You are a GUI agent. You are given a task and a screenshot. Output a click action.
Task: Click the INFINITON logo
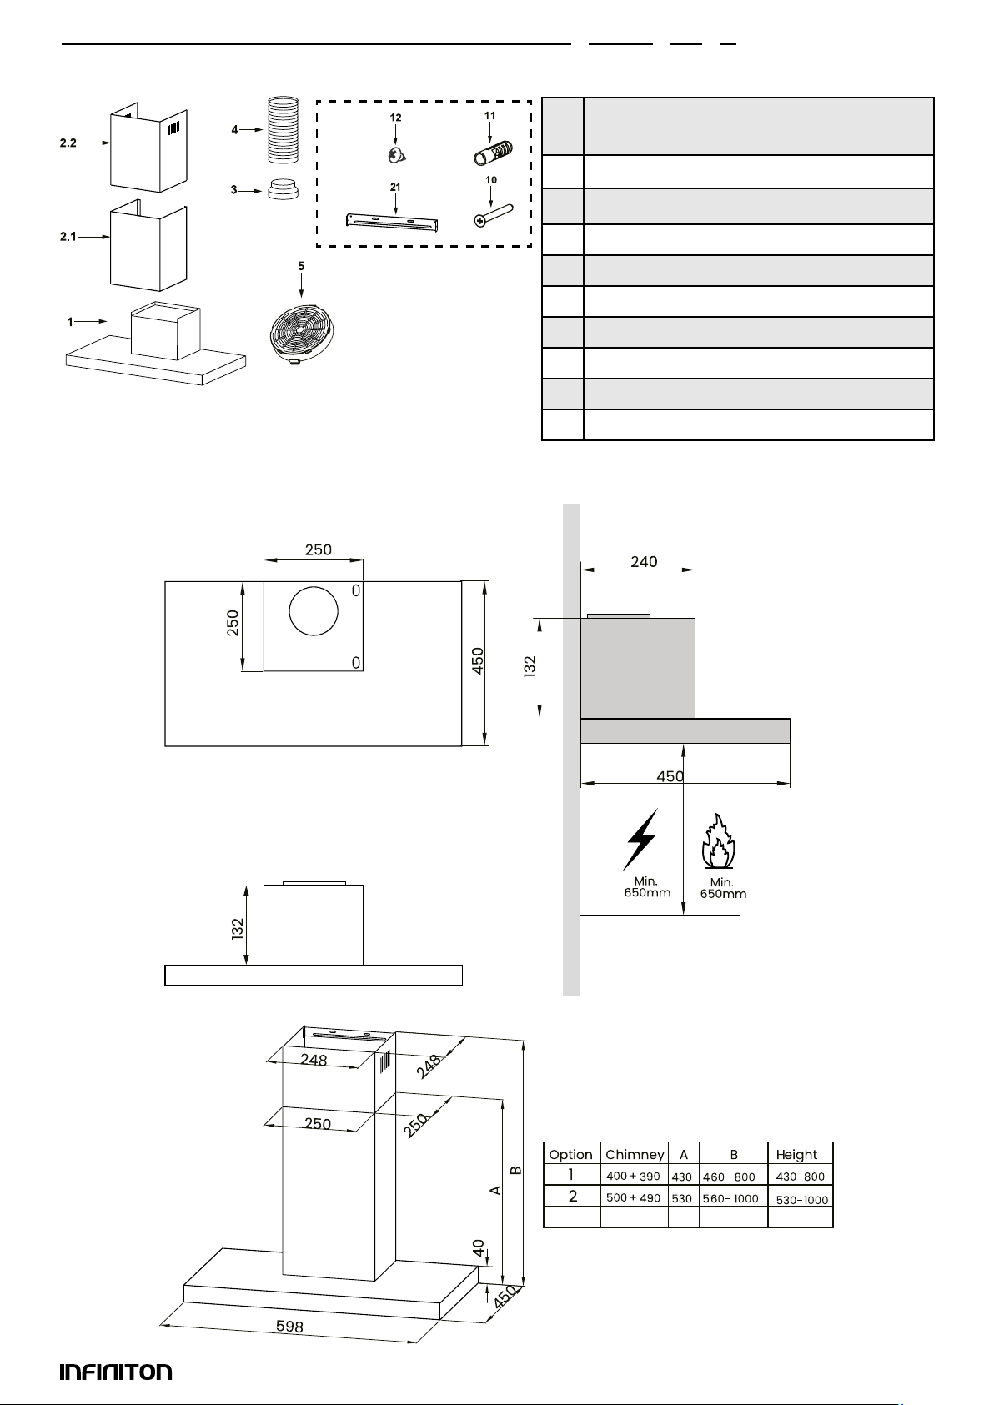pos(116,1372)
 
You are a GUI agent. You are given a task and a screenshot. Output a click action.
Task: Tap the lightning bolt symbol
pos(640,839)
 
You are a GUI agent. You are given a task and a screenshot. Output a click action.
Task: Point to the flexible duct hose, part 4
pos(281,129)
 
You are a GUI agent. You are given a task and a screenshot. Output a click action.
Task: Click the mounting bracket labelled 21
pos(394,222)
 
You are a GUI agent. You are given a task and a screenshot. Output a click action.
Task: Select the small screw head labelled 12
pos(395,154)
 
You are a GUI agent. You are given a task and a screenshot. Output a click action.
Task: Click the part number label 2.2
pos(68,143)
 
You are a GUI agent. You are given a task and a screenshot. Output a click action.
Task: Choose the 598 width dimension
pos(289,1326)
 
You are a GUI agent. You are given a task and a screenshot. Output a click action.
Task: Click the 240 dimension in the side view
pos(644,562)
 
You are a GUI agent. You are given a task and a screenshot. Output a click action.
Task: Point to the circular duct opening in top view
pos(314,615)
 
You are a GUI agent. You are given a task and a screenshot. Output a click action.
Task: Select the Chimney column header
pos(635,1155)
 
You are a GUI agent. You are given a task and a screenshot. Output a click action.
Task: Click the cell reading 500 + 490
pos(633,1198)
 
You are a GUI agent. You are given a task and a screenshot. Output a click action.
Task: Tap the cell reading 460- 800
pos(729,1177)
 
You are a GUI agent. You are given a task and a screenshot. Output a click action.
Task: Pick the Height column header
pos(796,1155)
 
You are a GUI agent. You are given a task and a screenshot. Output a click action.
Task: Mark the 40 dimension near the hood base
pos(479,1247)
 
